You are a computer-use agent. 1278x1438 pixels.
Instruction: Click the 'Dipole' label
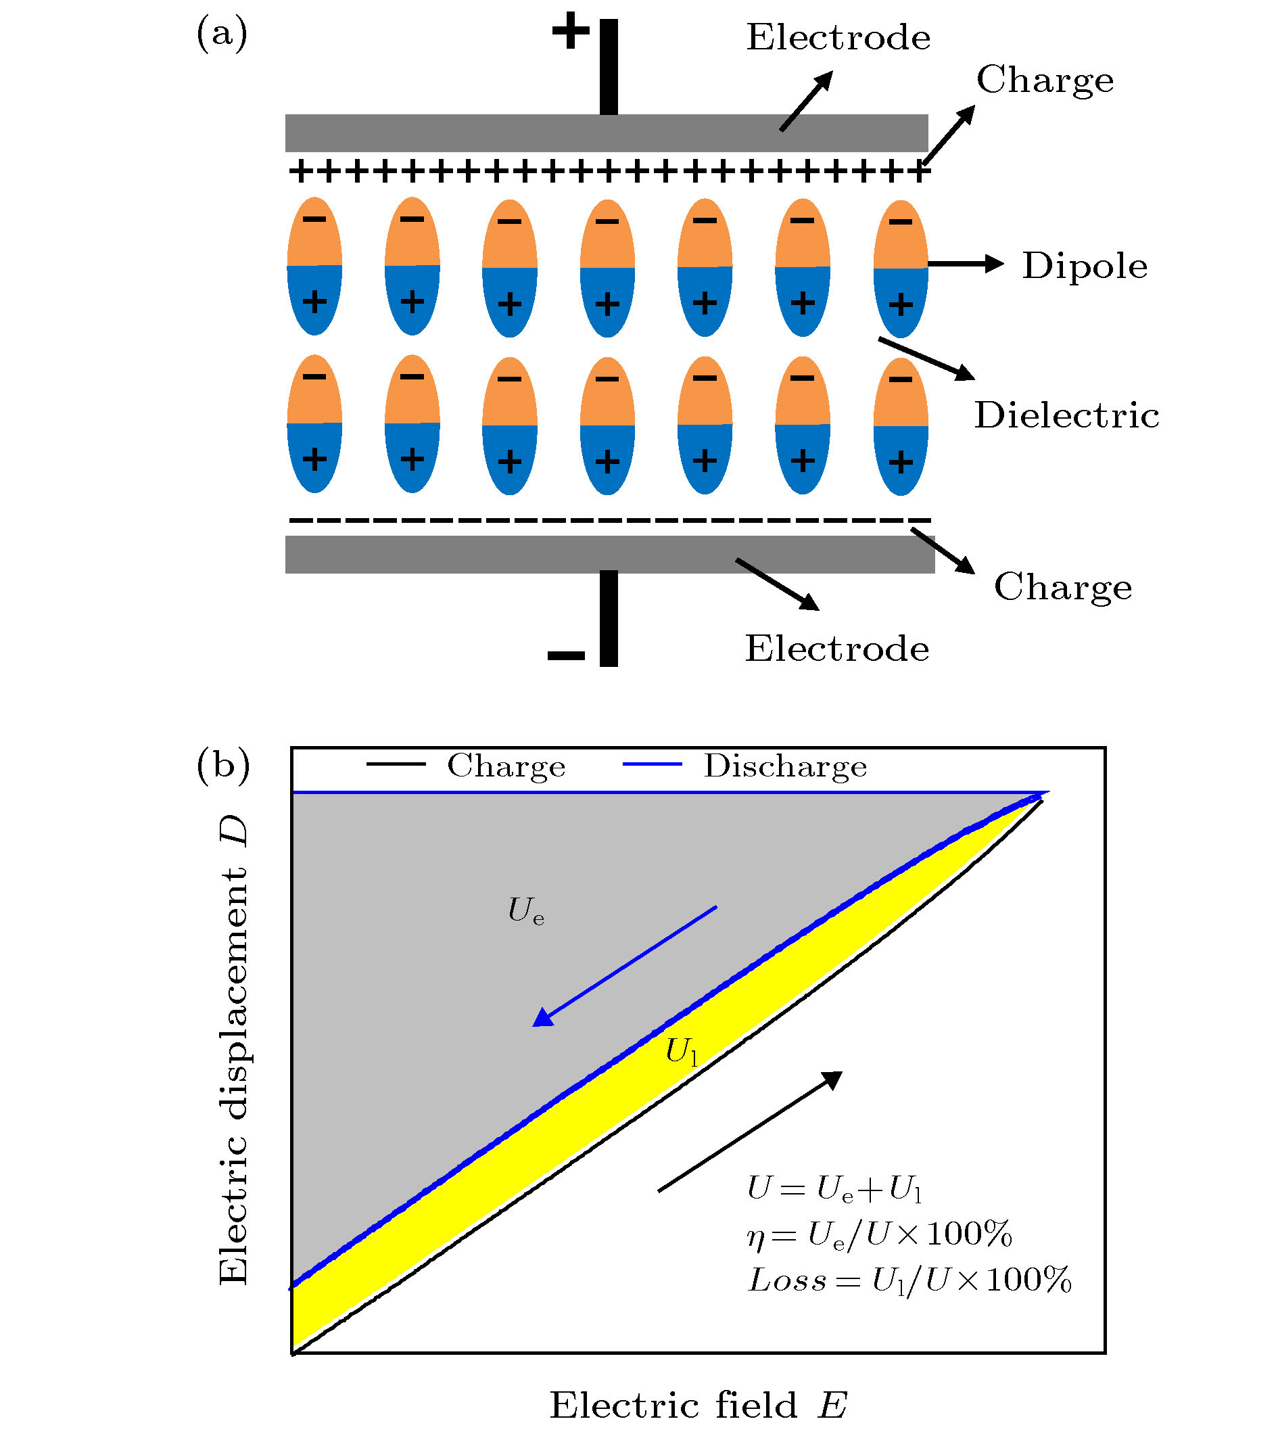coord(1084,266)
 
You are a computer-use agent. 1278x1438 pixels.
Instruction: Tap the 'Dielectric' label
coord(1066,415)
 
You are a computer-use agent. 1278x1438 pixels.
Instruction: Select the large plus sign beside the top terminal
coord(570,32)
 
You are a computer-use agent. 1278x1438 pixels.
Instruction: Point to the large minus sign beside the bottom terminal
coord(566,655)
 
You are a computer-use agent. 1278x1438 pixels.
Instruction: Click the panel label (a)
coord(222,34)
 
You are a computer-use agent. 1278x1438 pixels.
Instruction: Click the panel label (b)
coord(223,765)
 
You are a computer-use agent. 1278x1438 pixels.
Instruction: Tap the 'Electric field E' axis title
coord(698,1406)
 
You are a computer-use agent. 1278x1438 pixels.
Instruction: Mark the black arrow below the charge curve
coord(751,1130)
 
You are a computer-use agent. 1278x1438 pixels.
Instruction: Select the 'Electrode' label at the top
coord(838,37)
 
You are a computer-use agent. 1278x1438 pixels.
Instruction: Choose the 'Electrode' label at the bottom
coord(836,649)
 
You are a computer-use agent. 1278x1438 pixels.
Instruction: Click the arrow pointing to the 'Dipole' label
coord(966,264)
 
